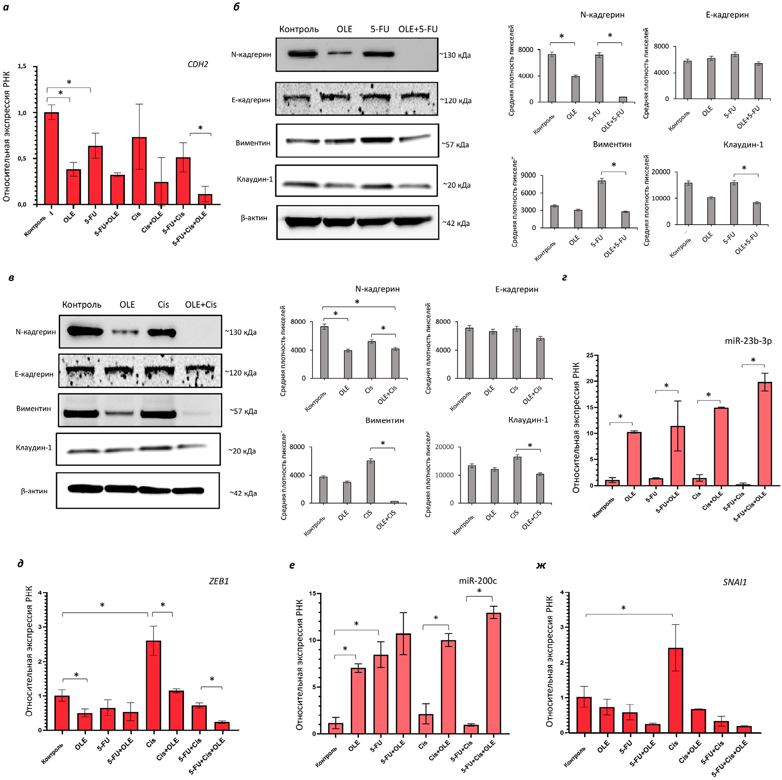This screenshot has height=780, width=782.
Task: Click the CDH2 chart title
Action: coord(197,64)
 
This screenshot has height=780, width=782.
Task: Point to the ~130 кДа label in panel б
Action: coord(455,55)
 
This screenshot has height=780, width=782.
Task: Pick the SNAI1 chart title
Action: coord(735,582)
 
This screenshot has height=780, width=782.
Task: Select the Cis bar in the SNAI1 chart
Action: coord(675,690)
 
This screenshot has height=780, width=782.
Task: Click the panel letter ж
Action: coord(541,565)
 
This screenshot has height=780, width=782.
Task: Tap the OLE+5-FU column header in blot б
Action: coord(418,29)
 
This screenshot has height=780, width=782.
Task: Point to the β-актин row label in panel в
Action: coord(34,491)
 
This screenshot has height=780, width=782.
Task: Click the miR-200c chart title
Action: coord(477,581)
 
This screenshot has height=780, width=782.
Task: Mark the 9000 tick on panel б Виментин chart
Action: coord(527,176)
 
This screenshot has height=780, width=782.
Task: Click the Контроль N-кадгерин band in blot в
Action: coord(85,331)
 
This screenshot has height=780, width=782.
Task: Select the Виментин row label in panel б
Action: coord(253,143)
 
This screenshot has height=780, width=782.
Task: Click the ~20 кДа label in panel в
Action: coord(242,451)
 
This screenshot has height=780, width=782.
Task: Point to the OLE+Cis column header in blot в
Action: coord(201,305)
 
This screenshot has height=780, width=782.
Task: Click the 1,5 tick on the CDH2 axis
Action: coord(22,66)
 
